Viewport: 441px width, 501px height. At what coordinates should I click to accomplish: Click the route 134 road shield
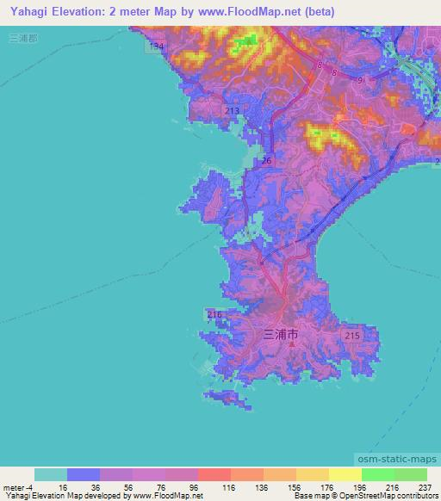pyautogui.click(x=154, y=46)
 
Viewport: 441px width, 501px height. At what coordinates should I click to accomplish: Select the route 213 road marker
pyautogui.click(x=231, y=111)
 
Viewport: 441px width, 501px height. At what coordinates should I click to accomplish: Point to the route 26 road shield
pyautogui.click(x=266, y=160)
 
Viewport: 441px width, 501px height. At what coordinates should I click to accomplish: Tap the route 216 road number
pyautogui.click(x=215, y=314)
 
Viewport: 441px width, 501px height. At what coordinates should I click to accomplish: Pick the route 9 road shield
pyautogui.click(x=359, y=79)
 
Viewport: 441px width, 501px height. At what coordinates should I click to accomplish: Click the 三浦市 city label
pyautogui.click(x=280, y=332)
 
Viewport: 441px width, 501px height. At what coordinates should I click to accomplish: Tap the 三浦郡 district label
pyautogui.click(x=21, y=38)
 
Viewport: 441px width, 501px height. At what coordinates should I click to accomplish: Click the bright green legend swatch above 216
pyautogui.click(x=377, y=474)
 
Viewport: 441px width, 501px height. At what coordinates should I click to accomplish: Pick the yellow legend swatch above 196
pyautogui.click(x=345, y=474)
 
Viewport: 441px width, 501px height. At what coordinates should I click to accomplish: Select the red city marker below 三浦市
pyautogui.click(x=291, y=344)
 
